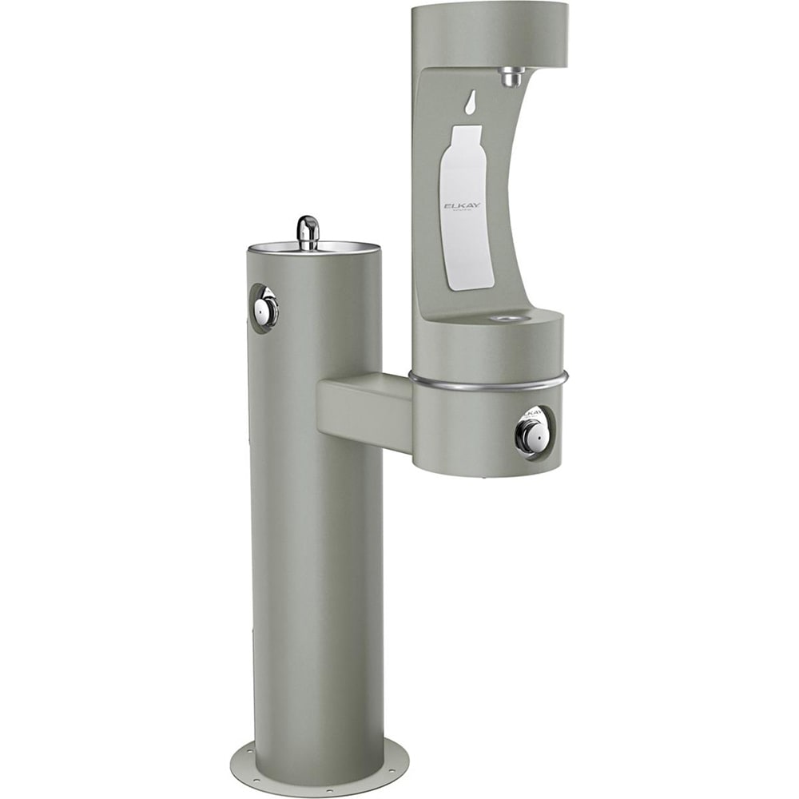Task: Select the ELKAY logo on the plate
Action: tap(461, 206)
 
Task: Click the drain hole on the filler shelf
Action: tap(503, 318)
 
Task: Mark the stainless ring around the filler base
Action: tap(488, 384)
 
